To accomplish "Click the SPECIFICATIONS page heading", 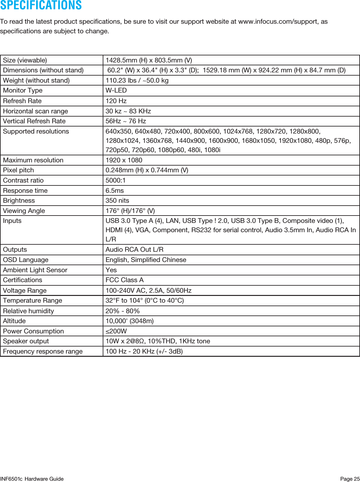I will pyautogui.click(x=41, y=5).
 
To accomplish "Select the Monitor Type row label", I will pyautogui.click(x=23, y=91).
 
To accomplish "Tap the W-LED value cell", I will pyautogui.click(x=116, y=91).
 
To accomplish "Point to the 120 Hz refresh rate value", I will pyautogui.click(x=116, y=101).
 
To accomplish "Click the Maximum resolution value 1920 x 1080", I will pyautogui.click(x=124, y=160).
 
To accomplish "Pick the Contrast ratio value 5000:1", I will pyautogui.click(x=116, y=180).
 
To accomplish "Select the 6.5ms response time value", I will pyautogui.click(x=115, y=191).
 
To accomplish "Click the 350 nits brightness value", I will pyautogui.click(x=117, y=200).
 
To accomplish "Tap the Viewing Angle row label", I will pyautogui.click(x=24, y=211).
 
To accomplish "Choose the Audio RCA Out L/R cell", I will pyautogui.click(x=134, y=249).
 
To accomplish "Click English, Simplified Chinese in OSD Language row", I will pyautogui.click(x=146, y=260).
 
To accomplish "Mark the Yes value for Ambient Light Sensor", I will pyautogui.click(x=111, y=270).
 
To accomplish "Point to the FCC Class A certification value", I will pyautogui.click(x=124, y=280).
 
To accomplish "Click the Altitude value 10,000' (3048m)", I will pyautogui.click(x=130, y=321).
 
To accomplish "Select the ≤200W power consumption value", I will pyautogui.click(x=116, y=331).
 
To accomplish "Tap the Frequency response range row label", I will pyautogui.click(x=43, y=351).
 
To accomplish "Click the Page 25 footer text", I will pyautogui.click(x=350, y=479).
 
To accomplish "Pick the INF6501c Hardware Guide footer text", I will pyautogui.click(x=32, y=479).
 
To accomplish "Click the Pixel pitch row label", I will pyautogui.click(x=19, y=170).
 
